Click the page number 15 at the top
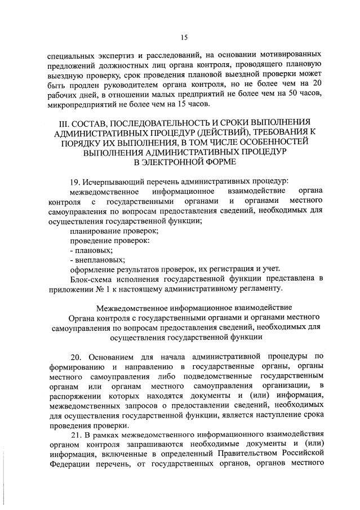184,38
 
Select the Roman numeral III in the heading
63,122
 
